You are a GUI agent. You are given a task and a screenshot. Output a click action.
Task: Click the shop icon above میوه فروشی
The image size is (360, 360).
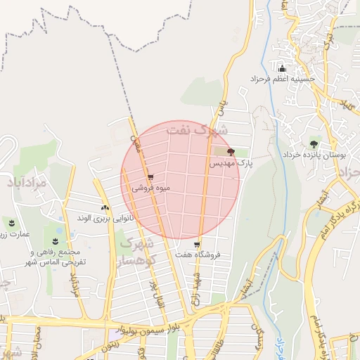[x=150, y=177]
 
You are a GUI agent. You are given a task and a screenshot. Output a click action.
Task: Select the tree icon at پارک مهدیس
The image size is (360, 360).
[x=231, y=151]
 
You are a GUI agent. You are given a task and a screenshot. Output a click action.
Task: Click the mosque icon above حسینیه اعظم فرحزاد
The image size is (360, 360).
[x=283, y=68]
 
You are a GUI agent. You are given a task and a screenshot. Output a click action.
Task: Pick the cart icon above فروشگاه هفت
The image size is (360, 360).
[x=197, y=245]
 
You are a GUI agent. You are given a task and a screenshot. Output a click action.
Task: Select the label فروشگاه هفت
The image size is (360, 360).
[x=198, y=255]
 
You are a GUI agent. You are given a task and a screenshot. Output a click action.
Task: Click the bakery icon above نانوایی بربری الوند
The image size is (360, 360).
[x=105, y=207]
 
